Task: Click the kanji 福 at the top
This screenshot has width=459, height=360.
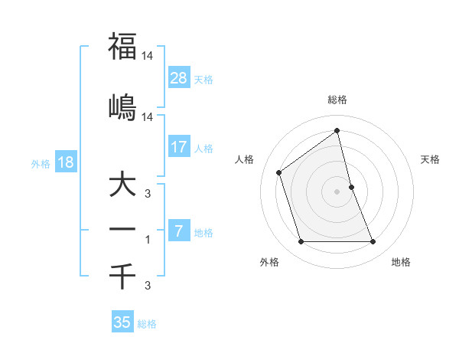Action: pyautogui.click(x=122, y=46)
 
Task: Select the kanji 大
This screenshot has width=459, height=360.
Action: pyautogui.click(x=122, y=186)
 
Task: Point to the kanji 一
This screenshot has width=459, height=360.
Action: pyautogui.click(x=122, y=229)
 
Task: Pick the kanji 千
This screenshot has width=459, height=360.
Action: pyautogui.click(x=122, y=275)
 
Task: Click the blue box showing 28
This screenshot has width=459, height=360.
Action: pyautogui.click(x=179, y=78)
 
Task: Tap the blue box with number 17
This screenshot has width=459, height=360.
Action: pyautogui.click(x=179, y=147)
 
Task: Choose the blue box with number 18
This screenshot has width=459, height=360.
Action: pyautogui.click(x=65, y=162)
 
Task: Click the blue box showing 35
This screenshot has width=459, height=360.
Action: pyautogui.click(x=122, y=322)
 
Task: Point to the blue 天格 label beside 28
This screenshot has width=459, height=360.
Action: pyautogui.click(x=203, y=80)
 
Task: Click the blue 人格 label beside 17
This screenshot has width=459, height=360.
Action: pyautogui.click(x=203, y=148)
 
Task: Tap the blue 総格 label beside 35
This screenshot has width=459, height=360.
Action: pyautogui.click(x=147, y=324)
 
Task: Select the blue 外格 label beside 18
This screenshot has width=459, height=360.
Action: pyautogui.click(x=41, y=163)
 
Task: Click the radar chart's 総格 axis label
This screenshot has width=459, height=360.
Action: pyautogui.click(x=337, y=100)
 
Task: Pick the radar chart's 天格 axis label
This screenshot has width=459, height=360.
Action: pyautogui.click(x=431, y=159)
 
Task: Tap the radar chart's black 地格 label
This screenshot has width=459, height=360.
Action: pyautogui.click(x=401, y=262)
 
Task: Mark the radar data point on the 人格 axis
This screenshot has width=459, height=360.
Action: pyautogui.click(x=279, y=172)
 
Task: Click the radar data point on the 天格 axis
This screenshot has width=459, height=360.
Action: pyautogui.click(x=351, y=187)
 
